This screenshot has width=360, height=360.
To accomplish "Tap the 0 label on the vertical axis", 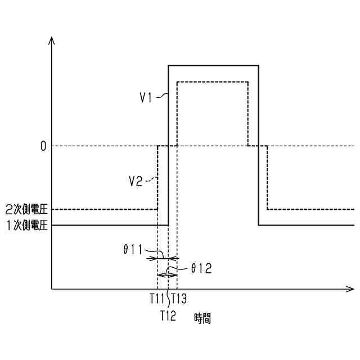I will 43,146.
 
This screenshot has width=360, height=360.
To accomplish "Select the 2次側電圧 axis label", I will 25,209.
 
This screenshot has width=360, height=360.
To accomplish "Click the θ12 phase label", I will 200,269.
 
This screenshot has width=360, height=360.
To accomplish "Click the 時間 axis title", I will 202,319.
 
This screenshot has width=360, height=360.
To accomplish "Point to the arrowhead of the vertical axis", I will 52,40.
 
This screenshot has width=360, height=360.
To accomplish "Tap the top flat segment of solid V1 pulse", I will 214,66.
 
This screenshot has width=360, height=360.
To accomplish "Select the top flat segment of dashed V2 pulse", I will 213,82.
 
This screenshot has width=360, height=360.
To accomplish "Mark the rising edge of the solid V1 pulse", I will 169,169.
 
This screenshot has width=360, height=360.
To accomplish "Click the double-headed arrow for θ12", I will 167,274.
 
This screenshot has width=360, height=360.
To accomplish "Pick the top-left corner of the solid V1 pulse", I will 169,66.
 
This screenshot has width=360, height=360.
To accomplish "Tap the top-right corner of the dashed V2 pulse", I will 248,82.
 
